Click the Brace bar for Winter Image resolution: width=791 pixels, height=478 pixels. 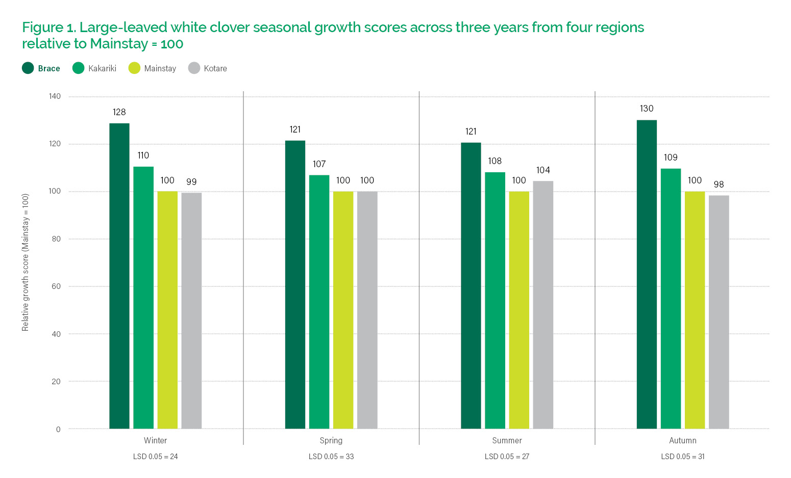point(119,276)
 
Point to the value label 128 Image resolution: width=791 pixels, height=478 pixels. point(119,112)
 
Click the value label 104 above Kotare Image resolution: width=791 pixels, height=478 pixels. point(543,170)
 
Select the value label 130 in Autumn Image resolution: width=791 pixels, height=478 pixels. point(647,109)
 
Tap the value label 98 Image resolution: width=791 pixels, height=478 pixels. point(719,184)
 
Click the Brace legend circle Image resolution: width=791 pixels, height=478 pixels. point(28,68)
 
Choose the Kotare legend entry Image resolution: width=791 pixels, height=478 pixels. point(215,68)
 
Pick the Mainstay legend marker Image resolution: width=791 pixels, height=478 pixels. point(134,68)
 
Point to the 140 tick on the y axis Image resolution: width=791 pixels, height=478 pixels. point(55,96)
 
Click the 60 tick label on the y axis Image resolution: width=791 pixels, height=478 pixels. point(56,286)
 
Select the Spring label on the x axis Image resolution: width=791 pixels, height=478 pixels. point(331,440)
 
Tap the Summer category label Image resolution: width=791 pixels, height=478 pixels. point(507,440)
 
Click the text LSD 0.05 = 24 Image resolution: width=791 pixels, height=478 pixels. point(155,457)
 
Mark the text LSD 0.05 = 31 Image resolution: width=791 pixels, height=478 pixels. point(683,457)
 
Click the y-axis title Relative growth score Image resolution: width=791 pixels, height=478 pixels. point(26,262)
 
